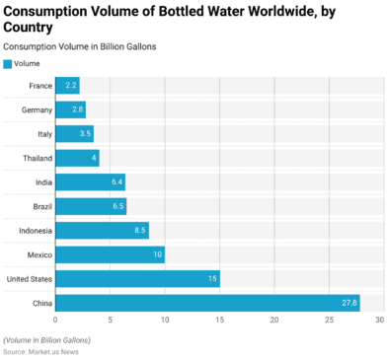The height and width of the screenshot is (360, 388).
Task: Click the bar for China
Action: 207,302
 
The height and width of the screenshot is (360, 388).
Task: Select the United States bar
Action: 137,278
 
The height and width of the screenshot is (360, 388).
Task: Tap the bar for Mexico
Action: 110,254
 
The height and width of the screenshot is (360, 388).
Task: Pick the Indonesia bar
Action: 102,231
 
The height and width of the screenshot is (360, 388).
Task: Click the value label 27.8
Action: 348,302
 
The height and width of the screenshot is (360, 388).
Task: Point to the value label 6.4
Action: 116,181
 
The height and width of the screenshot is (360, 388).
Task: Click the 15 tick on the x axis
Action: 219,321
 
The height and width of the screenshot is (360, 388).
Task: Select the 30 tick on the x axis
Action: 380,321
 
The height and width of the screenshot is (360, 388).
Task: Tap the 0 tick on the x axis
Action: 55,321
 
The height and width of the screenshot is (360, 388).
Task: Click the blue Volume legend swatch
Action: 8,64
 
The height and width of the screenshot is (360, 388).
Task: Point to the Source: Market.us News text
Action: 42,351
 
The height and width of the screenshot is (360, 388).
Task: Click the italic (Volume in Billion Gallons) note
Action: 46,339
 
